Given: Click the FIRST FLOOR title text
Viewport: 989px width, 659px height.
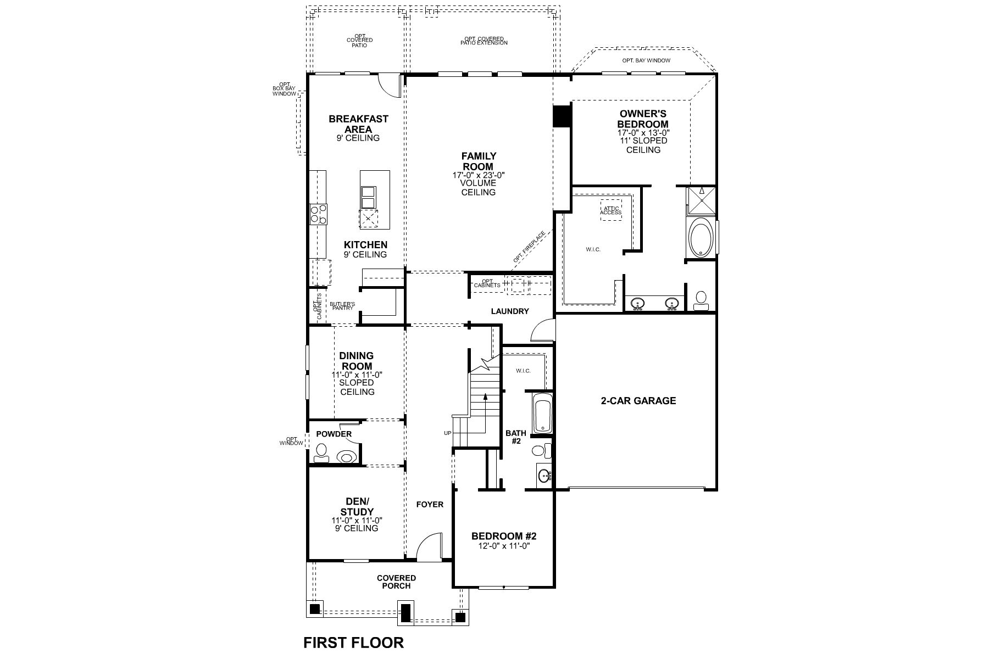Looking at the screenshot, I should [x=353, y=642].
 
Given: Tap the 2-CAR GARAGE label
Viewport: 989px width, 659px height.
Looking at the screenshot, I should [x=638, y=400].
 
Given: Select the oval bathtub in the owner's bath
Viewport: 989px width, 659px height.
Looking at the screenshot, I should [x=701, y=237].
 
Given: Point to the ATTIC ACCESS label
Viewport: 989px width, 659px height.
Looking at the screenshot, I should [x=611, y=210].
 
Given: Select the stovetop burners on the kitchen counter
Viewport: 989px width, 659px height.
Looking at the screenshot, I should [x=318, y=214].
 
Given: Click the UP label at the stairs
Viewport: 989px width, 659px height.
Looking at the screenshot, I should [x=448, y=433].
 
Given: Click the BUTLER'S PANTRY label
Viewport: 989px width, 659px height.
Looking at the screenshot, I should [x=342, y=306].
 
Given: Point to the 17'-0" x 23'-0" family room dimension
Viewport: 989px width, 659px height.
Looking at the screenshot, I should [x=479, y=175].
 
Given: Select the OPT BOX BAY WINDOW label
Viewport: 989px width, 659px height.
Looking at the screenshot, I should [x=284, y=90].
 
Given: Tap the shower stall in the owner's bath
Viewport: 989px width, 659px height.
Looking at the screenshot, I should [x=702, y=200].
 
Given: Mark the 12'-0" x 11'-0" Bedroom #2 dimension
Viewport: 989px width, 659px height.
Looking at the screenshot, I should [x=504, y=546].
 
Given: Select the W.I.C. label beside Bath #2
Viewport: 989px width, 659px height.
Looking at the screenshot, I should [x=523, y=371].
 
